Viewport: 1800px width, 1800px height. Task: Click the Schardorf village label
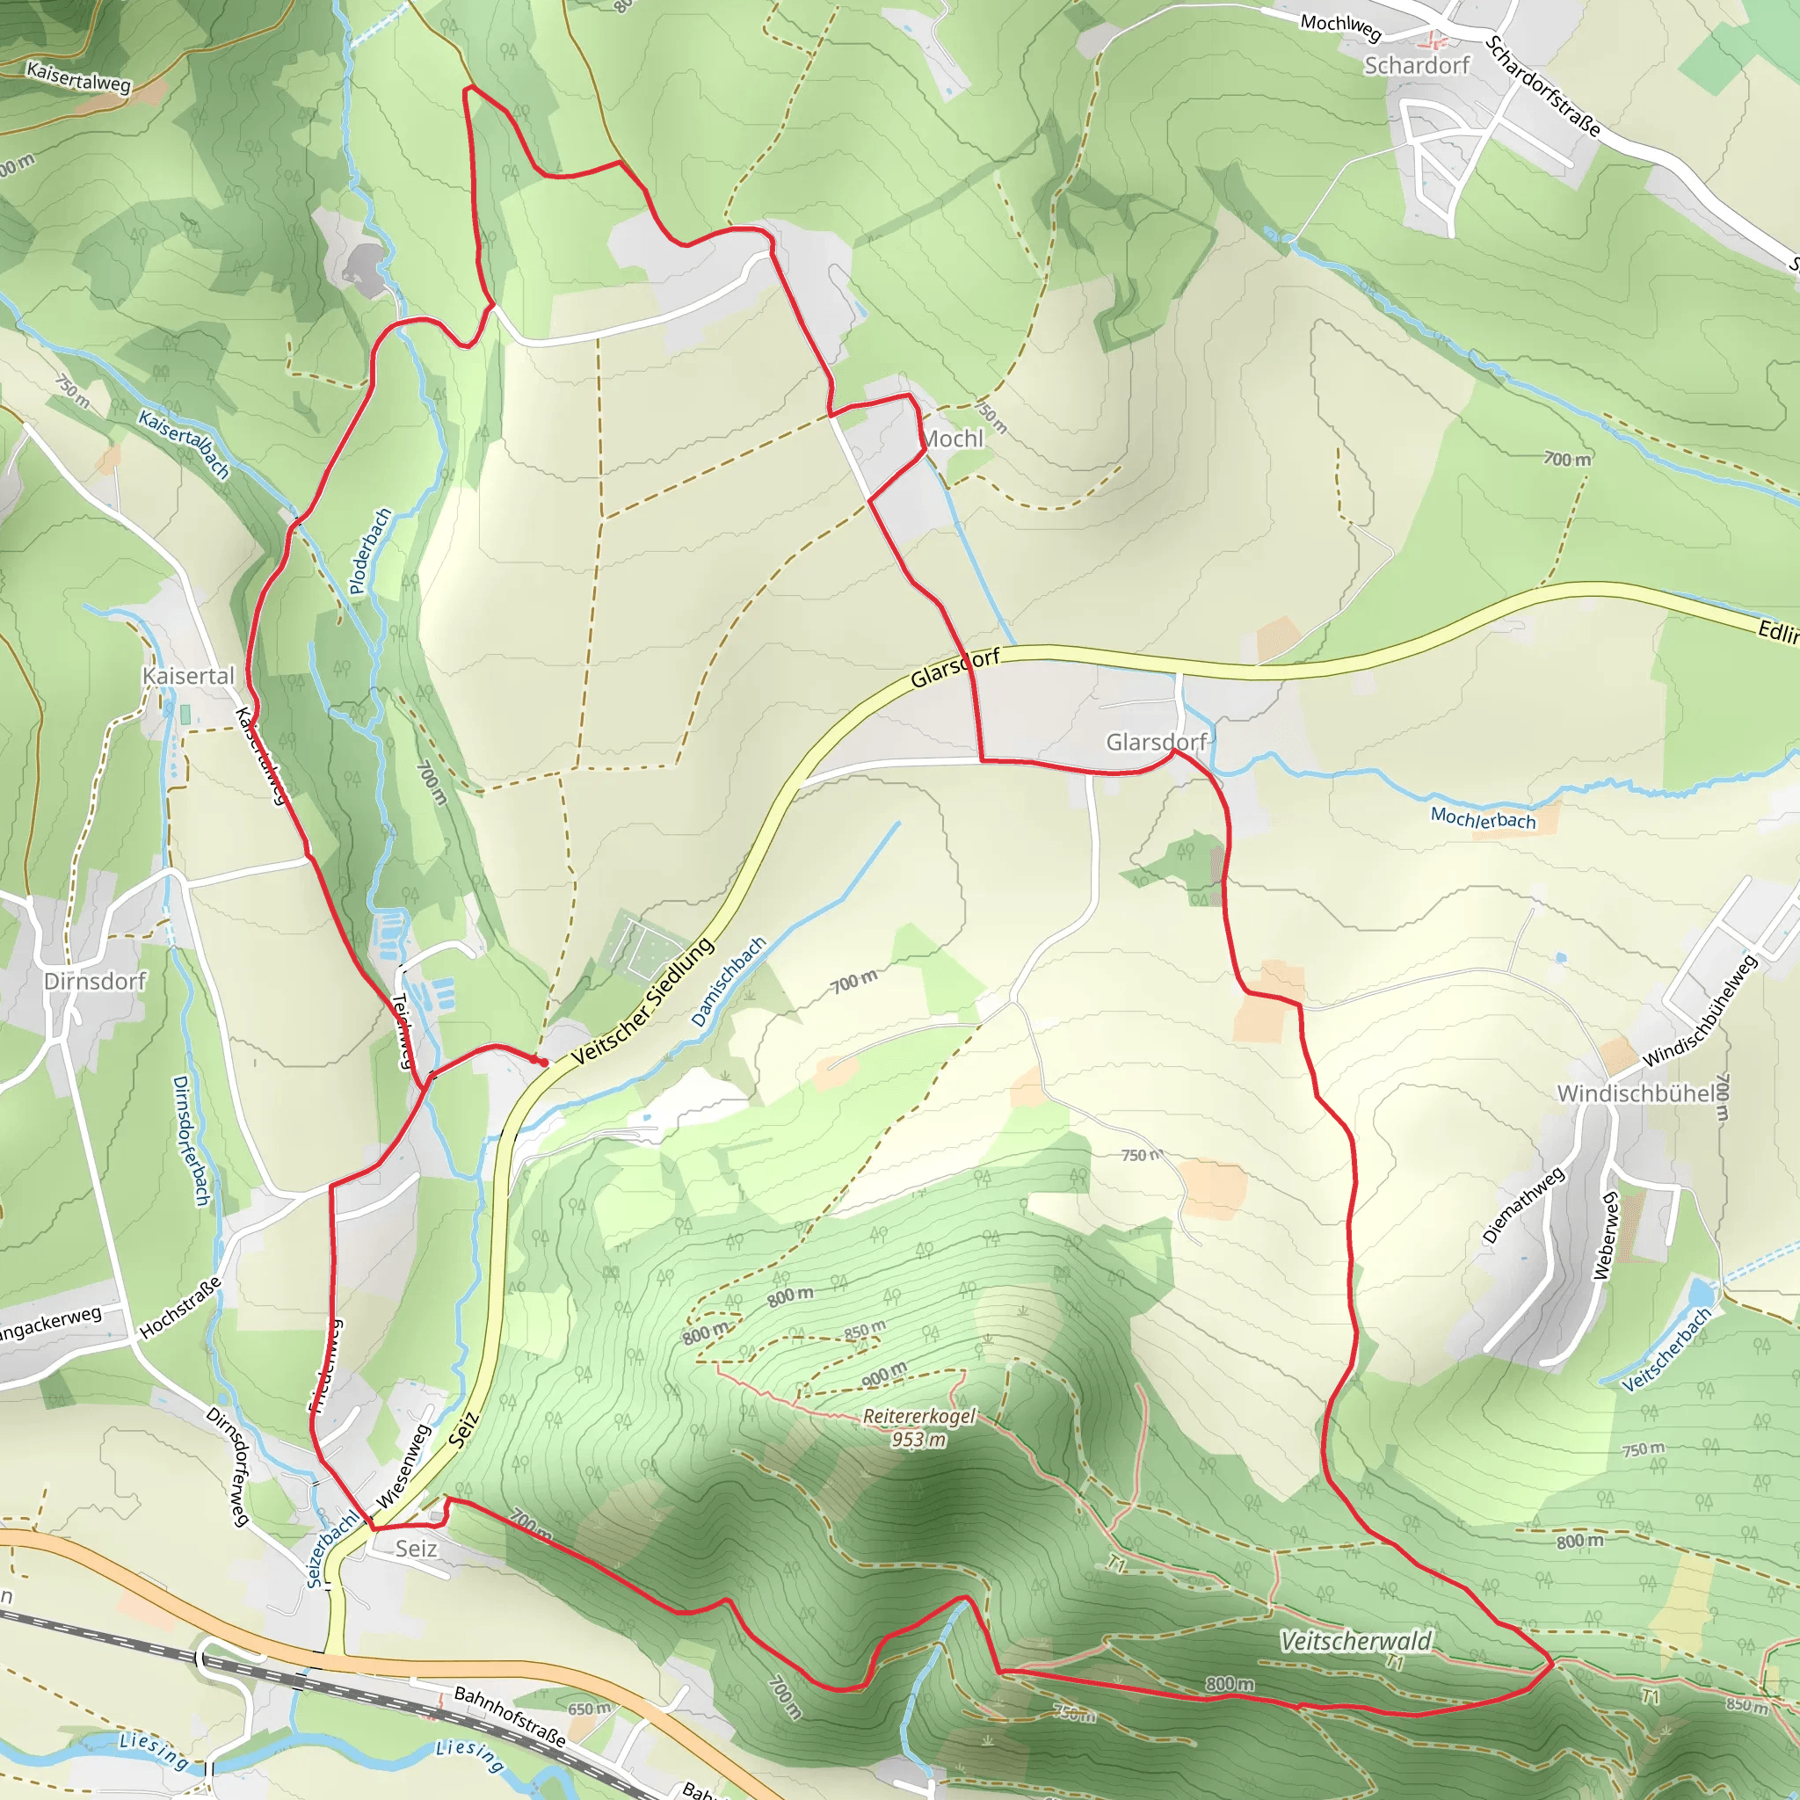click(x=1416, y=65)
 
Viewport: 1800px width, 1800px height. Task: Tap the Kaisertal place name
click(x=188, y=676)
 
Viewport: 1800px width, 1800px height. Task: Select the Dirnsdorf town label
click(x=95, y=981)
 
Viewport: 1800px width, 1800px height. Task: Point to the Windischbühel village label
click(x=1637, y=1092)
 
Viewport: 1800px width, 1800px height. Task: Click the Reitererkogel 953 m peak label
click(x=918, y=1427)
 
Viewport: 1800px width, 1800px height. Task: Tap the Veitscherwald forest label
click(x=1355, y=1641)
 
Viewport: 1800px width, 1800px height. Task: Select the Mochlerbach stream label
click(x=1483, y=819)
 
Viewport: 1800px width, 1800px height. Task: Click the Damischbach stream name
click(x=729, y=982)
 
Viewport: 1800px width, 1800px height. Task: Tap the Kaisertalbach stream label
click(x=184, y=445)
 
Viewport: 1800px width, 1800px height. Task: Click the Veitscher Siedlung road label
click(x=642, y=1002)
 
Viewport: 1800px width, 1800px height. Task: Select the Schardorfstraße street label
click(x=1542, y=86)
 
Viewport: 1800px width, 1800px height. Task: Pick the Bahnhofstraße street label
click(x=510, y=1716)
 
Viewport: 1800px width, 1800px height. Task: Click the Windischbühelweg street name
click(x=1700, y=1011)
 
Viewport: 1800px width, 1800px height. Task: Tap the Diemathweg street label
click(x=1523, y=1205)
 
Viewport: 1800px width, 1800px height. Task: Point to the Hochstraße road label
click(x=181, y=1307)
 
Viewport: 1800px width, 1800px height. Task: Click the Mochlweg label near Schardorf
click(x=1340, y=26)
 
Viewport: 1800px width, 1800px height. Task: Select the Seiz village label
click(x=416, y=1549)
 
